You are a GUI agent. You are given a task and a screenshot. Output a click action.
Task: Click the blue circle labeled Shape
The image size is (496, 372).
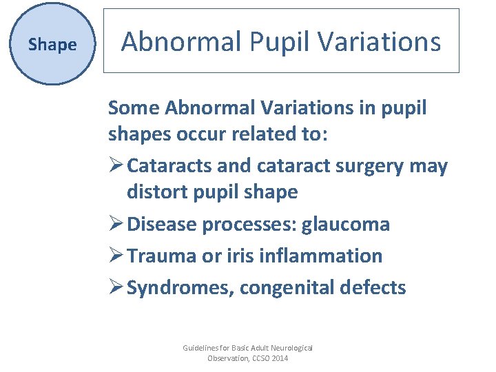pos(52,45)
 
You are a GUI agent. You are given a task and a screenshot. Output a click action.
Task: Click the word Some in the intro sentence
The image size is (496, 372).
pos(135,108)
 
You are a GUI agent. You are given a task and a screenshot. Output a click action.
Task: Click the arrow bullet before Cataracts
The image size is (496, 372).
pos(116,167)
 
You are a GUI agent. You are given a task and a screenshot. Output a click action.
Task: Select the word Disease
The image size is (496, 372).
pos(161,225)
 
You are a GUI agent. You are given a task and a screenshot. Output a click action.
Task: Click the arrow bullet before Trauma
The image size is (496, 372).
pos(116,256)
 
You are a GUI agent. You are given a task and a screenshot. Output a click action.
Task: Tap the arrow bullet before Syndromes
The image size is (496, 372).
pos(116,287)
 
